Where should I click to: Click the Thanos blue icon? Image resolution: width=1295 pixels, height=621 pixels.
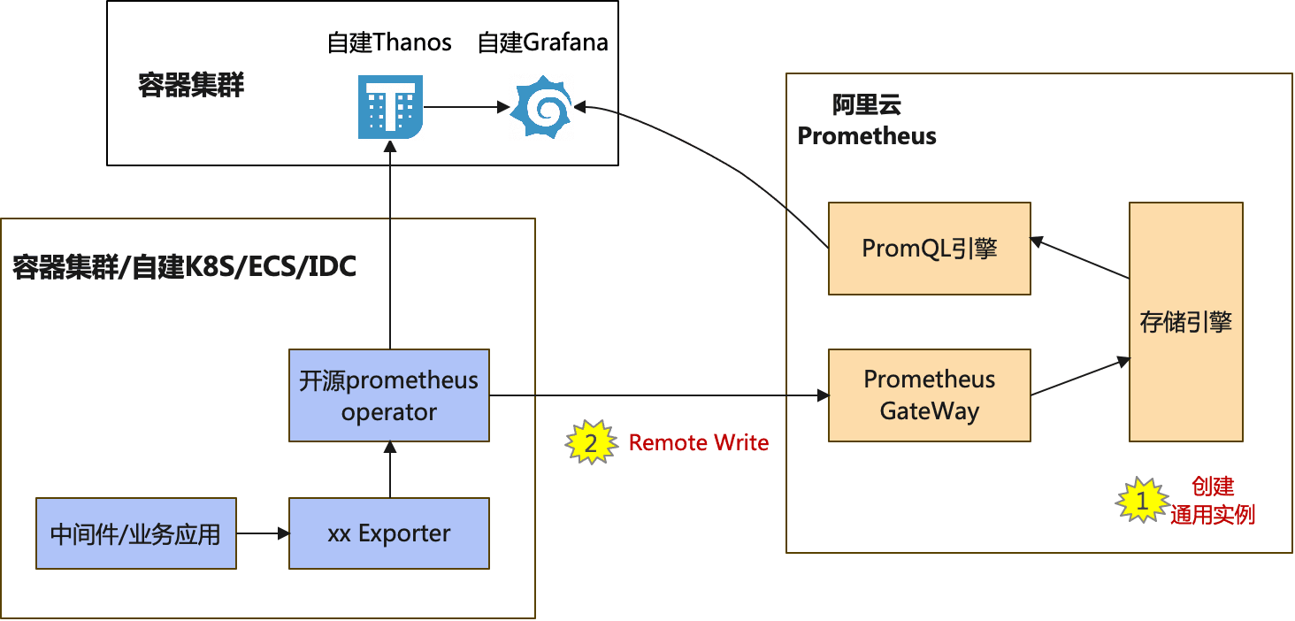click(x=390, y=107)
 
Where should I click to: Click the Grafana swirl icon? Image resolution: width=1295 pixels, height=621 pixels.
click(x=542, y=107)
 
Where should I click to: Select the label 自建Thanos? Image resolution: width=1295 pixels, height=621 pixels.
click(x=389, y=42)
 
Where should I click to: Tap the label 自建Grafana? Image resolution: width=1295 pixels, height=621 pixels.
click(x=542, y=42)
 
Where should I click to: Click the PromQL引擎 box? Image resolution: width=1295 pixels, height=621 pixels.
click(x=929, y=249)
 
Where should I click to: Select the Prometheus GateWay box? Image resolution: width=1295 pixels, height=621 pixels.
click(x=929, y=395)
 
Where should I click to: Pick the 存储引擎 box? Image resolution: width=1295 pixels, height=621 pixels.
click(x=1185, y=322)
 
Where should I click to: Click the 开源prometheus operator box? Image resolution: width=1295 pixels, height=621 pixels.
click(x=389, y=395)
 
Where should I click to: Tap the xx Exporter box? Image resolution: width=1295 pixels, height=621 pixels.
click(x=389, y=533)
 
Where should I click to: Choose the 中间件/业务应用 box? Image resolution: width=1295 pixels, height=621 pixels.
click(x=135, y=533)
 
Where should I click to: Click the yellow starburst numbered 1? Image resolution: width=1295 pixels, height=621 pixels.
click(x=1140, y=501)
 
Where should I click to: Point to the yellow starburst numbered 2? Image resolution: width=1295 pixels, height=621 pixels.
click(x=592, y=442)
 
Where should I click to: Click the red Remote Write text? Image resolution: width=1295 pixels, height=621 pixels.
click(x=699, y=442)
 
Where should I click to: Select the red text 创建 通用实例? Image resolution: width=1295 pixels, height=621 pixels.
click(x=1213, y=501)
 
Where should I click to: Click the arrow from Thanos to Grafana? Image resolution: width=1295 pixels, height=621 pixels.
click(x=465, y=108)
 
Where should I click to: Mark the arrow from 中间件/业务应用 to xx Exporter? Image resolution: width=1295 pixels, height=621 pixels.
click(x=263, y=533)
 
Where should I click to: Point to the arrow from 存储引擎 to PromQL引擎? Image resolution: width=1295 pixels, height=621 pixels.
click(x=1080, y=258)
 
